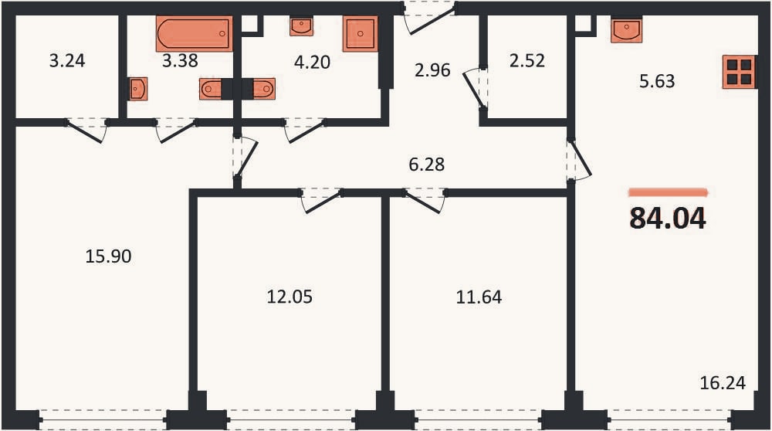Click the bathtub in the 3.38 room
point(194,33)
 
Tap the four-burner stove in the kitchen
point(740,72)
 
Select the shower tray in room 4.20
point(361,33)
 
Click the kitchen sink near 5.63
point(627,31)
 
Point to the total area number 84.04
point(668,219)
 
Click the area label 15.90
point(108,256)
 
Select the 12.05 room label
point(289,297)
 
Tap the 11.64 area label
point(479,297)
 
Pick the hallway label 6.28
point(427,164)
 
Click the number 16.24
point(723,383)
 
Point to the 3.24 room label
point(67,60)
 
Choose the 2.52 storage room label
point(527,60)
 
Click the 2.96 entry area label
point(432,70)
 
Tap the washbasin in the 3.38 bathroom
point(138,89)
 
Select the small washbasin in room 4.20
point(301,26)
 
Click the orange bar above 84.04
point(668,192)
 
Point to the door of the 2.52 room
point(475,89)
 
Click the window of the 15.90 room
point(103,420)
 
